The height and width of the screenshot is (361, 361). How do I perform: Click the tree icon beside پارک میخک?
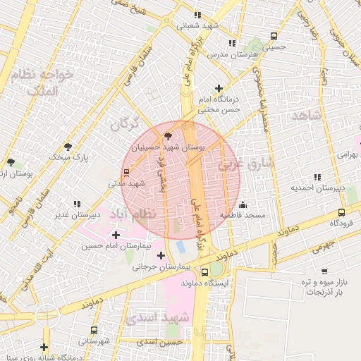(x=68, y=147)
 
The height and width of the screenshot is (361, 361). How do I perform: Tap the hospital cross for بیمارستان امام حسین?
(x=116, y=234)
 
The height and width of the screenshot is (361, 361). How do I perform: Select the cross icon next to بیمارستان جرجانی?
(x=161, y=255)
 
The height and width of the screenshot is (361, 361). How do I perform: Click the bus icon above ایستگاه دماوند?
(x=204, y=272)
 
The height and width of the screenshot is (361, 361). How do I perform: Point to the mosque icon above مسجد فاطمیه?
(x=243, y=204)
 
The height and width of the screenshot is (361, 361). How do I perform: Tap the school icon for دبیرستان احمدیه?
(x=317, y=177)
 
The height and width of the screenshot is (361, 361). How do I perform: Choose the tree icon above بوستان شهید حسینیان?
(x=168, y=136)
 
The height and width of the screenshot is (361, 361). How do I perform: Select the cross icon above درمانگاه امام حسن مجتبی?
(x=219, y=89)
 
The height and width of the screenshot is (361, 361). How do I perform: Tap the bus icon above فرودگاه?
(x=341, y=212)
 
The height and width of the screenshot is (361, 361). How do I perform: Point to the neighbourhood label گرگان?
(x=126, y=124)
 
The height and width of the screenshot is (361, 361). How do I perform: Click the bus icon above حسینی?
(x=273, y=37)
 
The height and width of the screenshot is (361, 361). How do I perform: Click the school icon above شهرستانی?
(x=94, y=330)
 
